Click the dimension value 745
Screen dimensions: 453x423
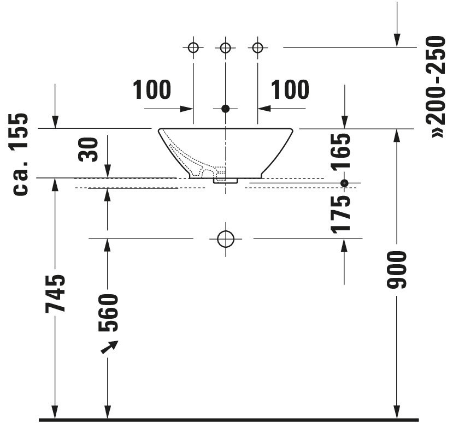[55, 294]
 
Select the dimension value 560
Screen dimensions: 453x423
[108, 313]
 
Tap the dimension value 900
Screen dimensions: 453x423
[396, 270]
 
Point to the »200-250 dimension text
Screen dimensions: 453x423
[436, 87]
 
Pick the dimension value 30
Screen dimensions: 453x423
[89, 150]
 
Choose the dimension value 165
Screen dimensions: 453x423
[340, 152]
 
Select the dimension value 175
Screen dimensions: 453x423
[340, 215]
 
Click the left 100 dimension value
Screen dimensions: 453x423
[152, 90]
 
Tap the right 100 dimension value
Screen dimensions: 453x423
[290, 90]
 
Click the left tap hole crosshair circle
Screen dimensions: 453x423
[193, 47]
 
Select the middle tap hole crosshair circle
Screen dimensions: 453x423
[225, 47]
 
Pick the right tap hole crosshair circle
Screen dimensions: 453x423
[257, 47]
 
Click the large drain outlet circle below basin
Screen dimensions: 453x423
[225, 239]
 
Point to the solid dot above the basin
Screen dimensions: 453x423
[225, 109]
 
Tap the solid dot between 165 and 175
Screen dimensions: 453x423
[344, 183]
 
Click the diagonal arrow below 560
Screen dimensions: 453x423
[109, 347]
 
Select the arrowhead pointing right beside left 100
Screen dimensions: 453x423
[186, 109]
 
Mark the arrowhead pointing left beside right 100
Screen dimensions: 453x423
[264, 109]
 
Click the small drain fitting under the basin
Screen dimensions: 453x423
[225, 181]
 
